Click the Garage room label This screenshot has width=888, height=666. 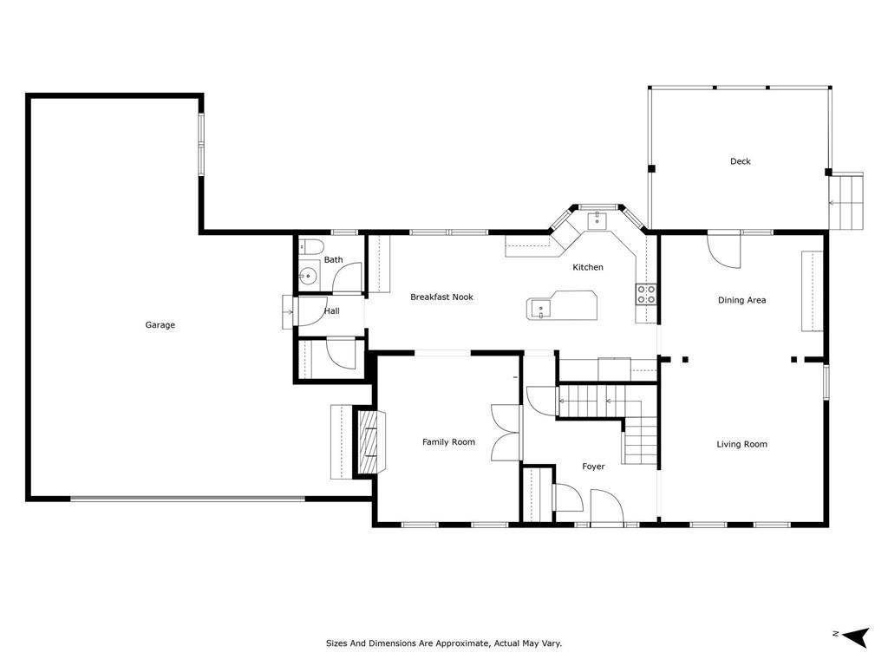pos(160,325)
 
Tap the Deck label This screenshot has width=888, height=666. pos(741,161)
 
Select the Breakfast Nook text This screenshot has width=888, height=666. pos(441,297)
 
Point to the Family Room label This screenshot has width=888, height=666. pos(448,441)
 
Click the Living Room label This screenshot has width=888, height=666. pos(742,444)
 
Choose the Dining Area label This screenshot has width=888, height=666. pos(742,300)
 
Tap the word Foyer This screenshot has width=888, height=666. pos(593,467)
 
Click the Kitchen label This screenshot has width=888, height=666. pos(588,267)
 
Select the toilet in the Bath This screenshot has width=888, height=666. pos(310,247)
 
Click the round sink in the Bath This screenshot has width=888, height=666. pos(308,277)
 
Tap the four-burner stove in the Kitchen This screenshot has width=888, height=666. pos(646,294)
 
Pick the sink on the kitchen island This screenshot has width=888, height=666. pos(541,310)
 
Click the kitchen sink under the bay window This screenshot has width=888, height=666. pos(597,219)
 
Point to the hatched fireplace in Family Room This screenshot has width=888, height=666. pos(367,441)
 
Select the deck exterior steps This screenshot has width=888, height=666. pos(846,201)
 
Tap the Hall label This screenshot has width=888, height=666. pos(332,311)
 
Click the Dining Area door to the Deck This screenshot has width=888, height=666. pos(724,249)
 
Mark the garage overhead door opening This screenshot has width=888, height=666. pos(188,499)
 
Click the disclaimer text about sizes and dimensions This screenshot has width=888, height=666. pos(444,643)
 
